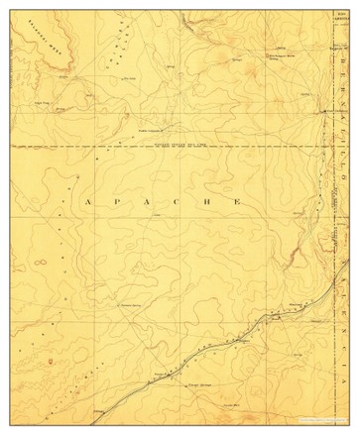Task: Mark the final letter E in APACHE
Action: click(237, 202)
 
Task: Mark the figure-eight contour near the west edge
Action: click(42, 264)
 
